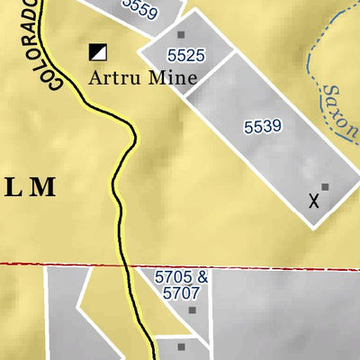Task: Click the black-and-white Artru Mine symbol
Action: (96, 52)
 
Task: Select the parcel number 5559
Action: (139, 10)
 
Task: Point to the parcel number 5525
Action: (186, 56)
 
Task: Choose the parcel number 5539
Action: (262, 127)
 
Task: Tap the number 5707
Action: (181, 293)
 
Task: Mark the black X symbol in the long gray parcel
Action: (312, 201)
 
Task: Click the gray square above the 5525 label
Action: (181, 35)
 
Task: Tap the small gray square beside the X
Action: (325, 187)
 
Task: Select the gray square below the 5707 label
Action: (193, 310)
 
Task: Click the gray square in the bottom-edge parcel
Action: (181, 346)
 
